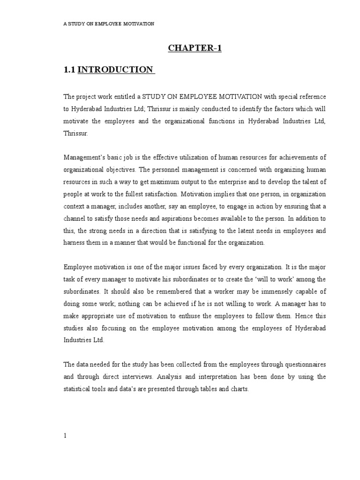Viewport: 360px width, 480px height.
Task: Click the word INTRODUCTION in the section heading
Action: click(x=115, y=70)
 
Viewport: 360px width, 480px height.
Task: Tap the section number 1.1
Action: click(x=69, y=70)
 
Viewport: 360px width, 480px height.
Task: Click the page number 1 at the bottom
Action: click(x=66, y=435)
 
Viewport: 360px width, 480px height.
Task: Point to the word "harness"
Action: click(x=74, y=242)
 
